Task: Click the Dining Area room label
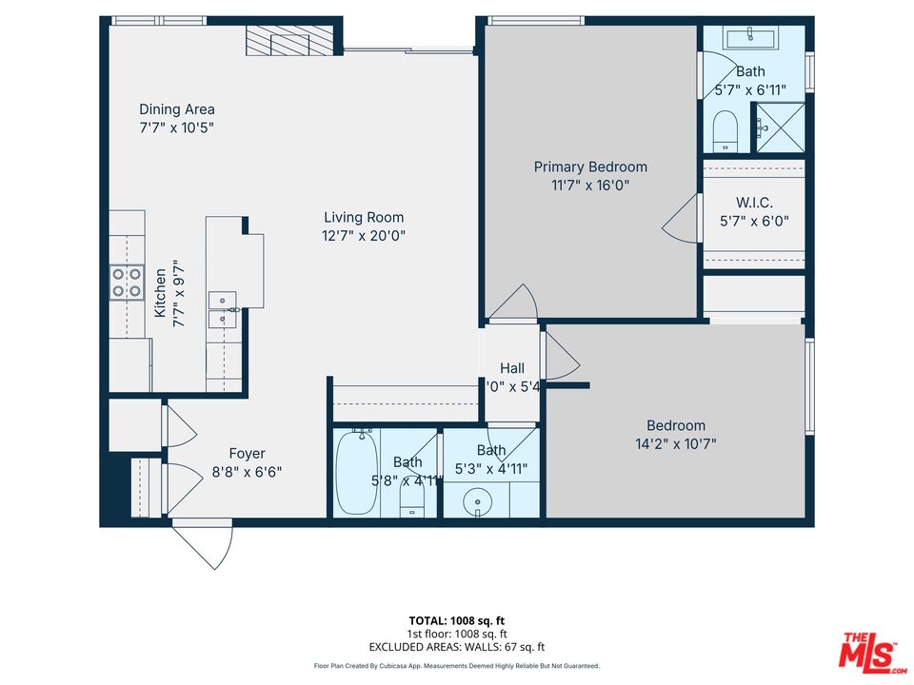[x=177, y=109]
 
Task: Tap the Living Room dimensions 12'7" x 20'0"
[x=364, y=236]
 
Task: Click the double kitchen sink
[x=223, y=309]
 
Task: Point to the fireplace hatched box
[x=291, y=42]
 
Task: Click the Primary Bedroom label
[x=590, y=167]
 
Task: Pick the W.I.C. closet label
[x=754, y=203]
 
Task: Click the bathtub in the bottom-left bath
[x=356, y=472]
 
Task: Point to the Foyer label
[x=247, y=454]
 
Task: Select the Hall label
[x=512, y=368]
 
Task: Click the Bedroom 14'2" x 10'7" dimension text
[x=676, y=443]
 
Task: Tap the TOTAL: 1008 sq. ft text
[x=456, y=620]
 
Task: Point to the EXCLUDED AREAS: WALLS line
[x=456, y=646]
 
